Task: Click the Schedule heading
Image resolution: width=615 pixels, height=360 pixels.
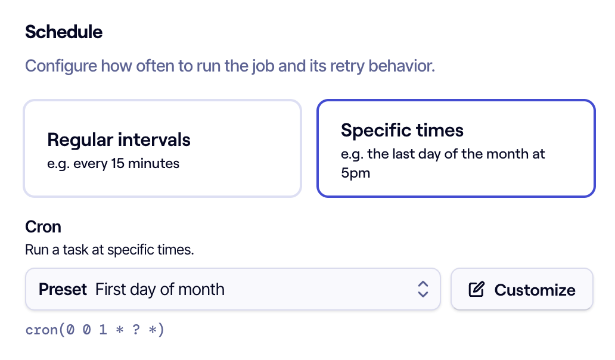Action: tap(64, 32)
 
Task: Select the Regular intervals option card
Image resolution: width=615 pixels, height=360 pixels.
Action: tap(162, 148)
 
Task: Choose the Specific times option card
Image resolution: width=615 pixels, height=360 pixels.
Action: tap(456, 148)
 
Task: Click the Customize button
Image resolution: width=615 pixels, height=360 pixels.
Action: tap(521, 290)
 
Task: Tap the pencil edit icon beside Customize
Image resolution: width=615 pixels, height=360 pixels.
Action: tap(477, 290)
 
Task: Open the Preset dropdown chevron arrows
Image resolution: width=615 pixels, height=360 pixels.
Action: tap(423, 289)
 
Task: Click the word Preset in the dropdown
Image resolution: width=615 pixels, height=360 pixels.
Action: tap(63, 290)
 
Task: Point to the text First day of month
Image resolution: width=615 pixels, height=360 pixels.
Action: tap(160, 290)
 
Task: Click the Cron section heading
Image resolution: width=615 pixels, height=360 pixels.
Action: tap(43, 226)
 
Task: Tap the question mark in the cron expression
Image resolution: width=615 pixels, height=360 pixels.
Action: tap(136, 330)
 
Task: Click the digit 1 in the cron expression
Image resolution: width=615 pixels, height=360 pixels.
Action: tap(102, 330)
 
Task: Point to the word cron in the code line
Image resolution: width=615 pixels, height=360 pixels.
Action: tap(42, 330)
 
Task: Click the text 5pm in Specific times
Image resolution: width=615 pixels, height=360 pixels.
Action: tap(355, 173)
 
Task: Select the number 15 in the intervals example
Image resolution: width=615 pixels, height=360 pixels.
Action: tap(117, 163)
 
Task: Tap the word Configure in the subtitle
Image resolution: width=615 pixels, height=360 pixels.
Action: tap(61, 66)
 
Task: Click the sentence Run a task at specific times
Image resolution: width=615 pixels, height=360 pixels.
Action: tap(110, 249)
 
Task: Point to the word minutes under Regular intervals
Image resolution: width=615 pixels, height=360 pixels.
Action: tap(153, 163)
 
